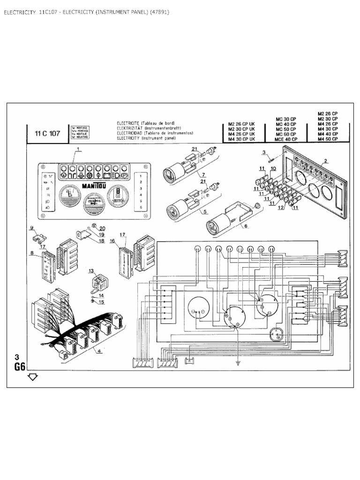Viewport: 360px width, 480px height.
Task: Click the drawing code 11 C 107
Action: coord(48,133)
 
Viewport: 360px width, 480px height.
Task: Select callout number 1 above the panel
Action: coord(78,149)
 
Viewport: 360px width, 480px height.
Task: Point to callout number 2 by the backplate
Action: coord(325,161)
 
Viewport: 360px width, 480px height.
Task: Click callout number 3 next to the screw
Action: coord(264,152)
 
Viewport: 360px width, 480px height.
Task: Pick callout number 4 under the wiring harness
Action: coord(99,351)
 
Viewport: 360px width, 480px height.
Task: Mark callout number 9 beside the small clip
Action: coord(32,228)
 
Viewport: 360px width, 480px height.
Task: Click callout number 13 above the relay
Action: coord(91,270)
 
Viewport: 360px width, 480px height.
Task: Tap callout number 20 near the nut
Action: coord(102,228)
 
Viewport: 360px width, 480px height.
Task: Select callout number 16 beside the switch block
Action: coord(112,240)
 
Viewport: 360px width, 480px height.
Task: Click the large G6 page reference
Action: coord(20,367)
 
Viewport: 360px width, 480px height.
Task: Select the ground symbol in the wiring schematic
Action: coord(238,362)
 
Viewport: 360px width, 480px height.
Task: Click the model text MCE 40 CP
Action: coord(285,139)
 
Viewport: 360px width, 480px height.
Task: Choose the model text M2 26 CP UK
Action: coord(241,124)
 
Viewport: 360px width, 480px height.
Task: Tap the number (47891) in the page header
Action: coord(160,12)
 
